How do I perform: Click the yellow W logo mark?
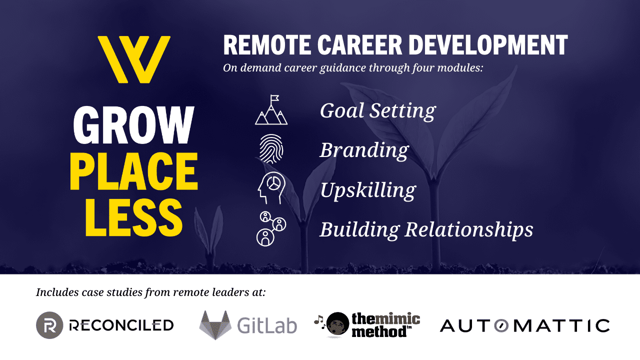(x=134, y=59)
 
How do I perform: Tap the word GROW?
(x=133, y=125)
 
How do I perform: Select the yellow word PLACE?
(x=133, y=171)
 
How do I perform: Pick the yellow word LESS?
(x=133, y=217)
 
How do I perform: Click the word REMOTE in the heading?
(x=267, y=45)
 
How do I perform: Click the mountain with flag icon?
(x=271, y=110)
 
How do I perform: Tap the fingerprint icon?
(x=271, y=149)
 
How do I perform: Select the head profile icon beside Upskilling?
(x=271, y=187)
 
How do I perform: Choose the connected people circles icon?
(x=271, y=229)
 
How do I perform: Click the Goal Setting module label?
(x=377, y=111)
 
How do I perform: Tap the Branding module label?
(x=364, y=151)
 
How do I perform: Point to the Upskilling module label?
(x=368, y=190)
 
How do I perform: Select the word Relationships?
(x=469, y=230)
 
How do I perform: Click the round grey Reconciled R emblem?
(x=49, y=325)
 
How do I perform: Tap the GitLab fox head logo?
(x=215, y=325)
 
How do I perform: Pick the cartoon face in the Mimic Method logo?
(x=337, y=324)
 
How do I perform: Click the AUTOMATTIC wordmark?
(x=524, y=326)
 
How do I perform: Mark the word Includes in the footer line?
(x=57, y=292)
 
